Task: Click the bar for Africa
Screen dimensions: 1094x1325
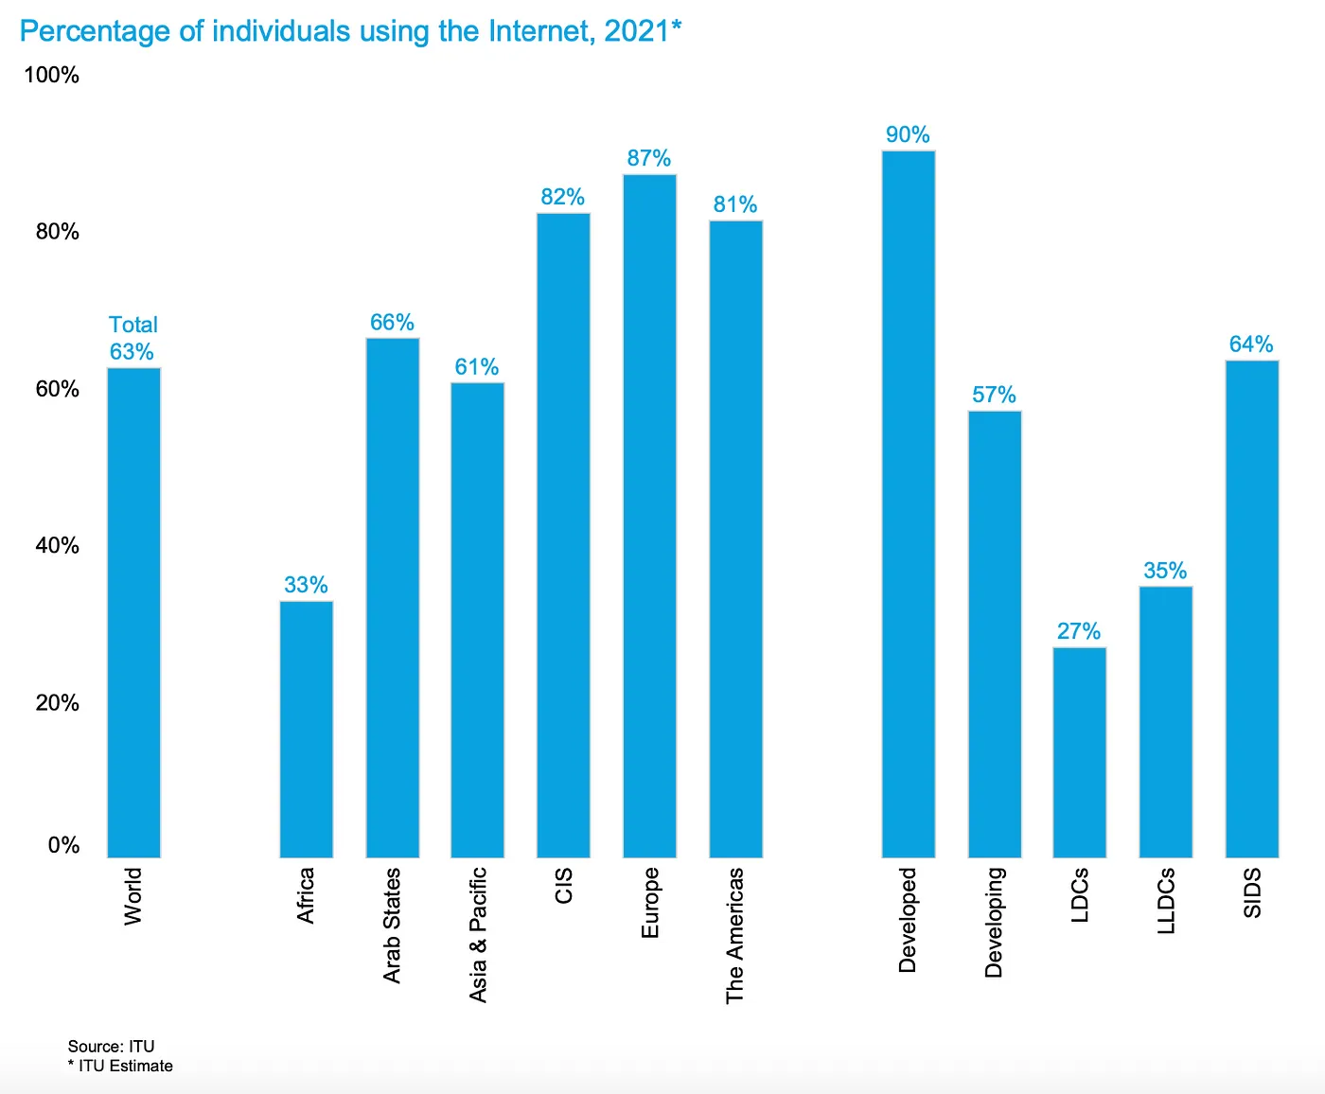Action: (x=307, y=729)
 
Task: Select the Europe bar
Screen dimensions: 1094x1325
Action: (x=649, y=516)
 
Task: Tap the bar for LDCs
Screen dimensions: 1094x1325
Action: (x=1079, y=752)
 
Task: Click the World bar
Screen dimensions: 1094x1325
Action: (x=133, y=612)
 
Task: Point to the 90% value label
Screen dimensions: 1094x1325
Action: (x=908, y=134)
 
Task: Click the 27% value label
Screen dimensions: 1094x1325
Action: (x=1079, y=631)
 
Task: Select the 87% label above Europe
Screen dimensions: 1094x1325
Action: (x=649, y=158)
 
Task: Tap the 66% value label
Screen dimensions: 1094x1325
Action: (x=392, y=323)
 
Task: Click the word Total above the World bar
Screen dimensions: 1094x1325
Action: (x=133, y=325)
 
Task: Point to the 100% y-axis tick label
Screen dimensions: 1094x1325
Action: (x=51, y=75)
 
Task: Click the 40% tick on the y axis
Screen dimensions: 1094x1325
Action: (x=57, y=545)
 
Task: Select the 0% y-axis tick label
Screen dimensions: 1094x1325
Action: (x=63, y=845)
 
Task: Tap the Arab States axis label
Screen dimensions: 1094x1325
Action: (x=393, y=925)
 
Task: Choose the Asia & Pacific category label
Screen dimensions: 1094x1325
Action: (x=479, y=934)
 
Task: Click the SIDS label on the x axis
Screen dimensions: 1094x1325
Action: (x=1252, y=893)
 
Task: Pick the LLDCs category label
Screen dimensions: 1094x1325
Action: (x=1166, y=901)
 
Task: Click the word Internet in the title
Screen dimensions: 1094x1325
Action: (x=542, y=31)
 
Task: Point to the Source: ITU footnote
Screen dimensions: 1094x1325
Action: (x=111, y=1046)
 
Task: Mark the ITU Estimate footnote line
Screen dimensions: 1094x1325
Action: (x=120, y=1066)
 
